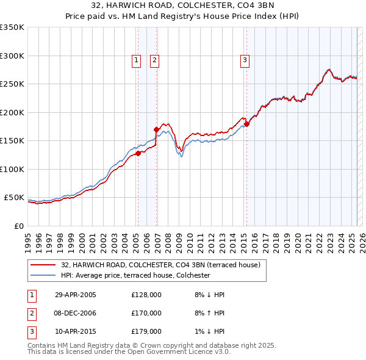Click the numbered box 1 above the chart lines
pyautogui.click(x=135, y=60)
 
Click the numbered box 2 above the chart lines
pyautogui.click(x=155, y=60)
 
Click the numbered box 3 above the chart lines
pyautogui.click(x=244, y=60)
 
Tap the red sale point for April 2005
pyautogui.click(x=138, y=153)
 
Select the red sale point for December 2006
pyautogui.click(x=156, y=129)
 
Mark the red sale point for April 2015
pyautogui.click(x=247, y=124)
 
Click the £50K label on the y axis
pyautogui.click(x=14, y=198)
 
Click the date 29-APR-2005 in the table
pyautogui.click(x=76, y=295)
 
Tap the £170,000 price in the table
pyautogui.click(x=146, y=313)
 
